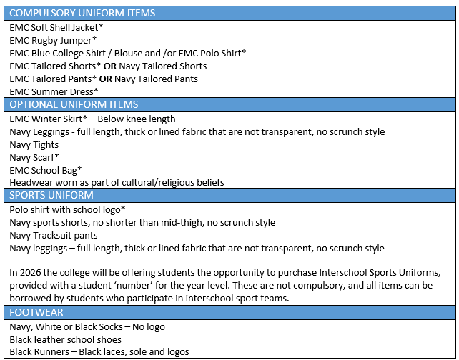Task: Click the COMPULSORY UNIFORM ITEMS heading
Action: coord(82,13)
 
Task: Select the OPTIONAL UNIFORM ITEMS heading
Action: coord(74,105)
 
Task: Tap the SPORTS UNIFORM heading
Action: coord(51,195)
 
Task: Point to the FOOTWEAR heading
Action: coord(36,312)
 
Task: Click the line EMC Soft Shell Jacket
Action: coord(56,27)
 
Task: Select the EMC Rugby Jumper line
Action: coord(53,41)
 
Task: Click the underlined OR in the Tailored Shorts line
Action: coord(110,66)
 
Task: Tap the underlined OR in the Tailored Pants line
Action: coord(105,79)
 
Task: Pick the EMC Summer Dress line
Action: coord(54,92)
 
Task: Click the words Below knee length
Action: coord(137,119)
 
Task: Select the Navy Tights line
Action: coord(34,145)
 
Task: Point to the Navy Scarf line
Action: coord(34,158)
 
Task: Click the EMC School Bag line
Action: coord(46,171)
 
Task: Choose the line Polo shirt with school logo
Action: coord(67,210)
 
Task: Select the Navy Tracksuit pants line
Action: coord(54,236)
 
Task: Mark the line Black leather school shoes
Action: coord(65,339)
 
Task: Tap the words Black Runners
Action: coord(39,352)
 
